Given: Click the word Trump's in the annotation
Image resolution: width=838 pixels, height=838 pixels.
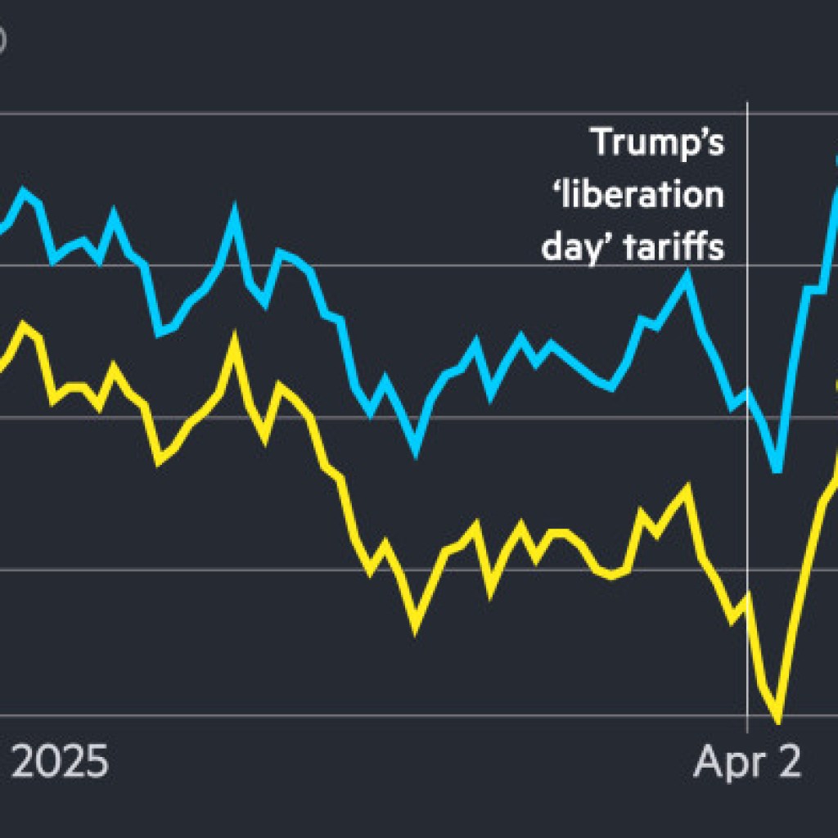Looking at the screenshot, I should point(658,142).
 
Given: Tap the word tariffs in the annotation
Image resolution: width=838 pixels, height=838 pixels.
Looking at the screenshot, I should point(674,246).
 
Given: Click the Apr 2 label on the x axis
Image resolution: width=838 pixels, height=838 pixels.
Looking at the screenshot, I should point(747,762).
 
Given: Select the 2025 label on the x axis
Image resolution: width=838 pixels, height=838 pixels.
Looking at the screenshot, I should point(60,762).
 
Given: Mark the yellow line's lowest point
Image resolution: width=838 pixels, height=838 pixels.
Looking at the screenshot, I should point(777,721).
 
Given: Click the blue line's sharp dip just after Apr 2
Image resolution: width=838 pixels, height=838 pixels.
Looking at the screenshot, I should point(777,470).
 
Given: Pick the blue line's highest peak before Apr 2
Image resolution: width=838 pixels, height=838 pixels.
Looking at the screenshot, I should point(235,214).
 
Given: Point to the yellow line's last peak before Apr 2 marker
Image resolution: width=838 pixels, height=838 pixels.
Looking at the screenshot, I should point(686,489).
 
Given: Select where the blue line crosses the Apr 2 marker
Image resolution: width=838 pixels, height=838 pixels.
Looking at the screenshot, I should point(747,394).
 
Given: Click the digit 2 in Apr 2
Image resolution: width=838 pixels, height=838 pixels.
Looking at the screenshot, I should point(787,762).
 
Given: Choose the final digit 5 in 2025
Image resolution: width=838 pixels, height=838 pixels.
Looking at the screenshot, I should point(95,762).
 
